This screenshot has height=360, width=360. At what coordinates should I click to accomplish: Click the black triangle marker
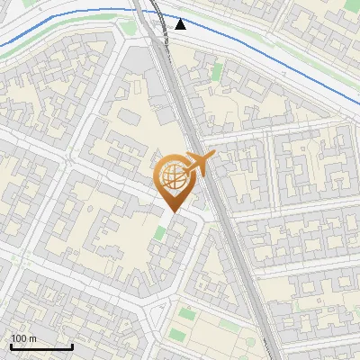(181, 24)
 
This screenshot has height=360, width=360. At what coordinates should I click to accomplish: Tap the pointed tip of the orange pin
(171, 211)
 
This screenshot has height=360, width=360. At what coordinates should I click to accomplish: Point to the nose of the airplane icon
(213, 157)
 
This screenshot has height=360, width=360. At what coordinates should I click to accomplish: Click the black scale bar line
(41, 346)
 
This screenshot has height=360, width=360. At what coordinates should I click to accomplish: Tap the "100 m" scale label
(24, 338)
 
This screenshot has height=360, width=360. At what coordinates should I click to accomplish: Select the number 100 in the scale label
(20, 338)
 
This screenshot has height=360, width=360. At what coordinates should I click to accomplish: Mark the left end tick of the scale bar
(11, 345)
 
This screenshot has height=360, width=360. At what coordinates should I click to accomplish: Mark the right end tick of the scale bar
(72, 345)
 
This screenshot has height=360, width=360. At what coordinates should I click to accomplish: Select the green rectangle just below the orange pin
(160, 234)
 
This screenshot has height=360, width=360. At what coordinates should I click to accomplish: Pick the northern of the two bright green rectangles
(187, 313)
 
